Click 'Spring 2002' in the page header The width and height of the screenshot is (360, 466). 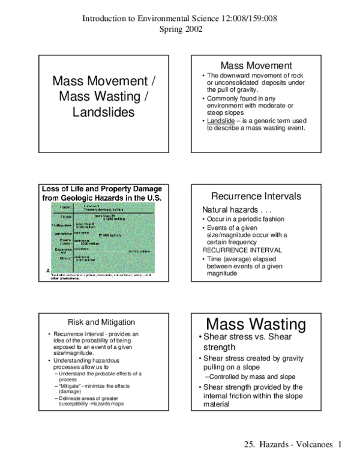pos(180,29)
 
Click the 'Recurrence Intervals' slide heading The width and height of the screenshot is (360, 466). pos(256,196)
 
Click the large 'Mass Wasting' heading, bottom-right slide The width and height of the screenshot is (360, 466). pos(256,325)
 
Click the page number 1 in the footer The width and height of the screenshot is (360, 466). pos(340,444)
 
